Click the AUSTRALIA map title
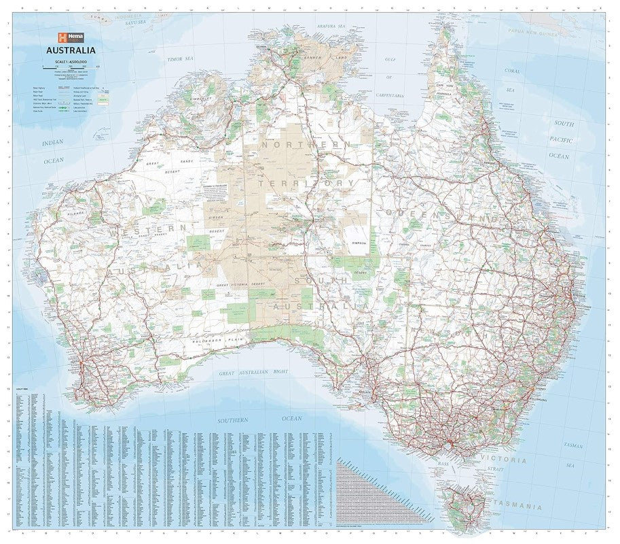[70, 50]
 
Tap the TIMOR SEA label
[181, 60]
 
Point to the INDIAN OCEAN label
[52, 152]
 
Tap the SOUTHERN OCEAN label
[259, 420]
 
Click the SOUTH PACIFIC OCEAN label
[561, 140]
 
